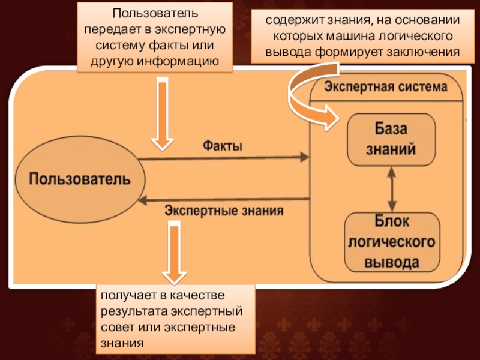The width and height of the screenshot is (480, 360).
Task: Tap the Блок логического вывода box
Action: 390,241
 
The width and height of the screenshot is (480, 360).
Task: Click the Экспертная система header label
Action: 386,87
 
